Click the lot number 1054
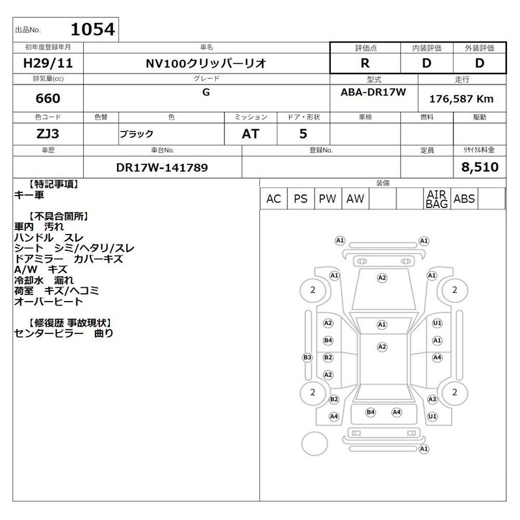93,29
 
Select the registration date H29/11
48,63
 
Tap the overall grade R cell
365,63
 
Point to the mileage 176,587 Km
461,99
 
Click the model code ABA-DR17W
373,92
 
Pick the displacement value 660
48,98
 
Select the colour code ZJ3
47,134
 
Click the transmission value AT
250,134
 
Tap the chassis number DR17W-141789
162,168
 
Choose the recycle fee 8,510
480,167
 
